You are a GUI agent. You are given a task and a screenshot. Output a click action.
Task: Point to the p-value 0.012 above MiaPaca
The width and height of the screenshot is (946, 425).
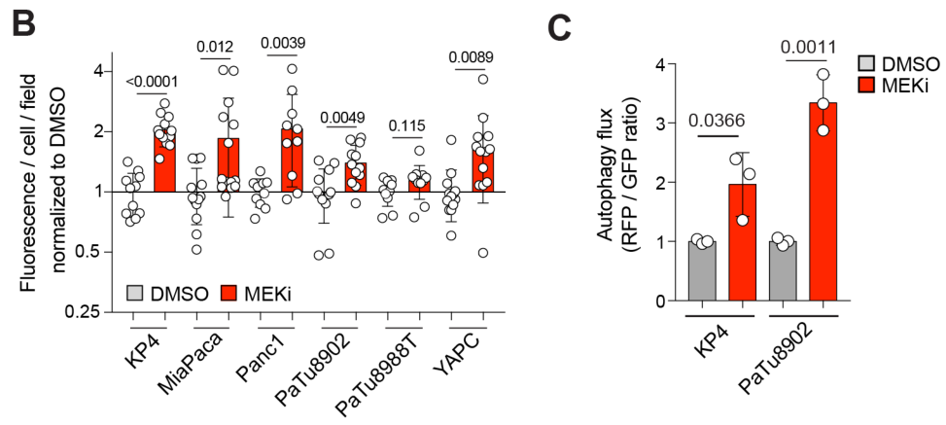[x=215, y=46]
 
